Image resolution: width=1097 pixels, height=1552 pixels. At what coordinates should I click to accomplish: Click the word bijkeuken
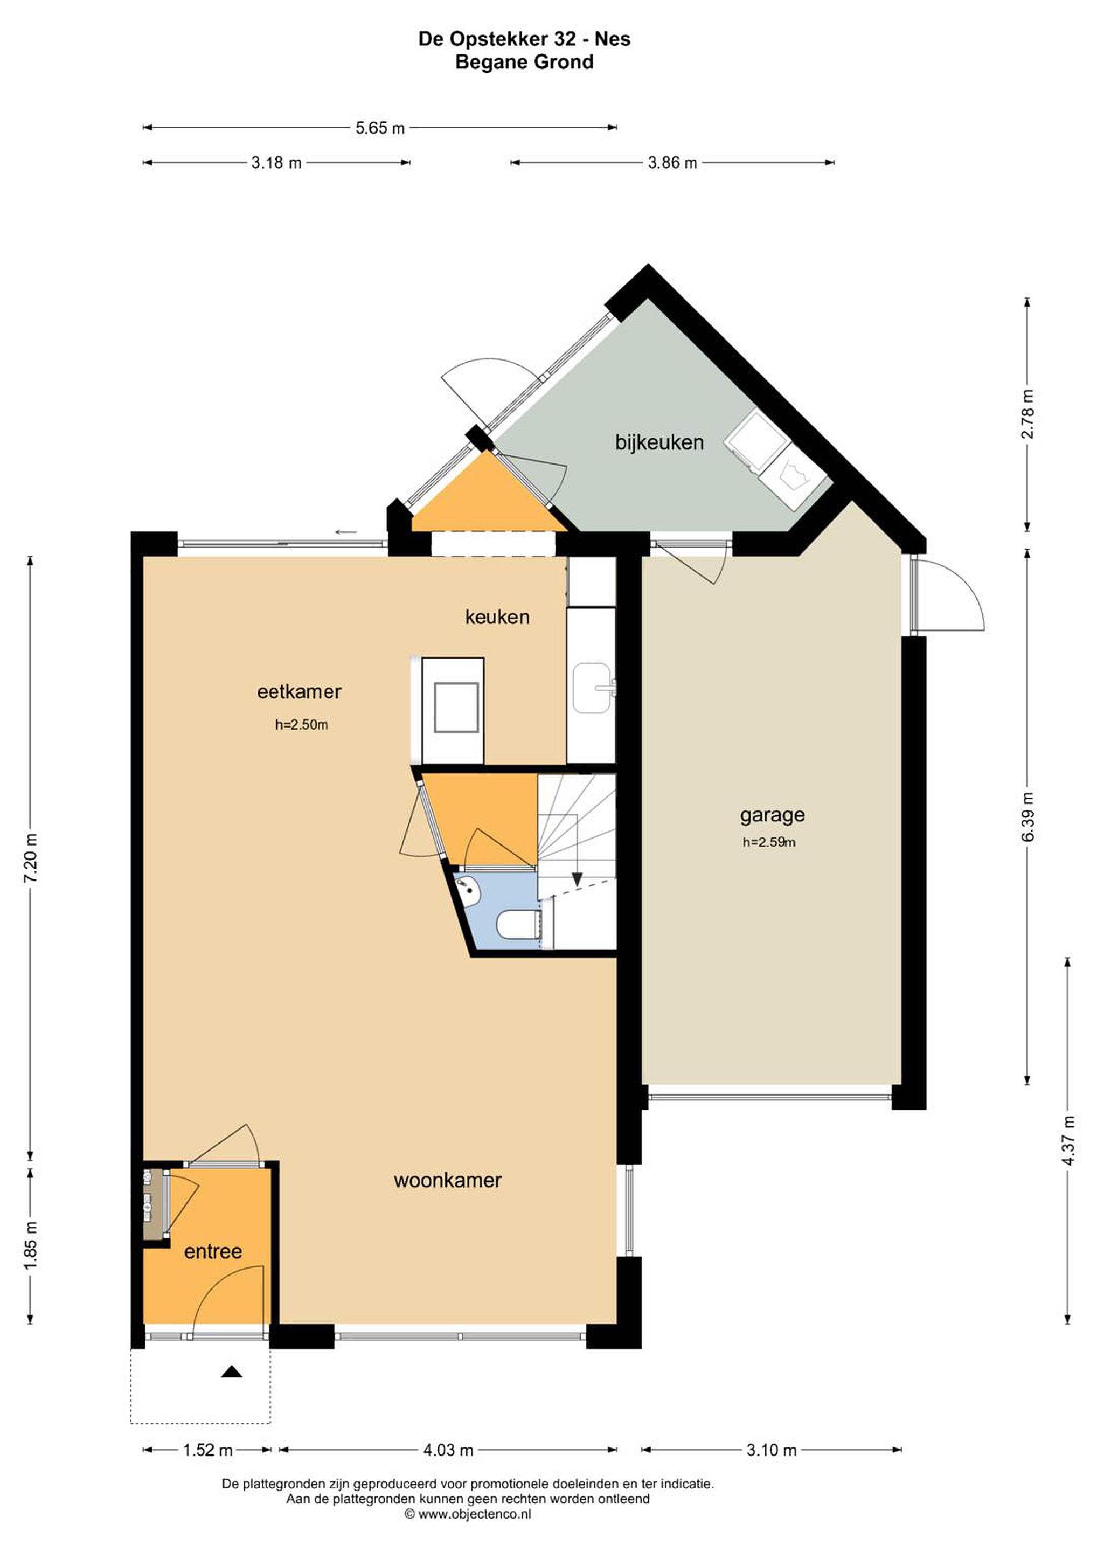click(x=659, y=443)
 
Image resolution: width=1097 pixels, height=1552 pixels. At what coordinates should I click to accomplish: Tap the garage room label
click(x=772, y=815)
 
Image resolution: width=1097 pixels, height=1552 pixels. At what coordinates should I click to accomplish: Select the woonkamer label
click(x=447, y=1180)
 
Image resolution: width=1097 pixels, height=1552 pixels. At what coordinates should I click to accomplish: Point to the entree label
click(x=213, y=1251)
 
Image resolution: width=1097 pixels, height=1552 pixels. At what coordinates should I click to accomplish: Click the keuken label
click(x=497, y=616)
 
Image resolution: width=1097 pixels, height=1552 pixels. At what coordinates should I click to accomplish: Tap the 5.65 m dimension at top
click(x=380, y=128)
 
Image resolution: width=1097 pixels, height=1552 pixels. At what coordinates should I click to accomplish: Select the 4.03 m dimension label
click(x=448, y=1450)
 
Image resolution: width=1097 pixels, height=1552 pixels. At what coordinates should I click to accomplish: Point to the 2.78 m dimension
click(x=1027, y=414)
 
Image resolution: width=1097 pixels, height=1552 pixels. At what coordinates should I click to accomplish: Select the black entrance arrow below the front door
click(x=232, y=1371)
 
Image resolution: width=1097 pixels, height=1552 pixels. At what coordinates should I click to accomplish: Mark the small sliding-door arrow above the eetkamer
click(x=346, y=532)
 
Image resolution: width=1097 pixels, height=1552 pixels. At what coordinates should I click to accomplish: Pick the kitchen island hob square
click(x=456, y=707)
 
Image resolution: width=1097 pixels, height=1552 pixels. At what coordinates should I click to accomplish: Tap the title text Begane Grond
click(x=524, y=62)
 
